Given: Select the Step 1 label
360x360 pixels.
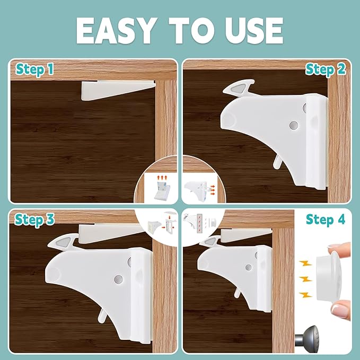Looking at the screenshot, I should click(34, 69).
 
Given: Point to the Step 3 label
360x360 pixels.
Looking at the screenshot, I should click(34, 219).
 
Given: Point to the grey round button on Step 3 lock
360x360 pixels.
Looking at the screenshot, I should click(117, 278).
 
